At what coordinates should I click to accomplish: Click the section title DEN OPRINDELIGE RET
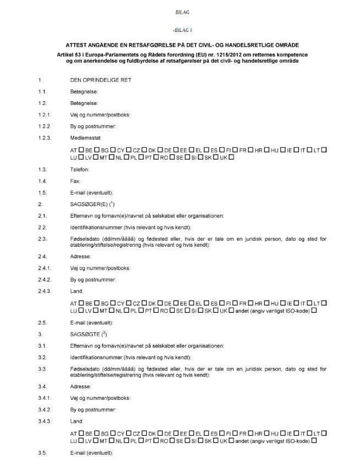pyautogui.click(x=101, y=80)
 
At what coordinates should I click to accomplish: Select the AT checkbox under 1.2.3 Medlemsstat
pyautogui.click(x=81, y=149)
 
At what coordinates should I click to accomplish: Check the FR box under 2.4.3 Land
pyautogui.click(x=251, y=303)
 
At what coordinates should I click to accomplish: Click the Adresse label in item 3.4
pyautogui.click(x=81, y=387)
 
